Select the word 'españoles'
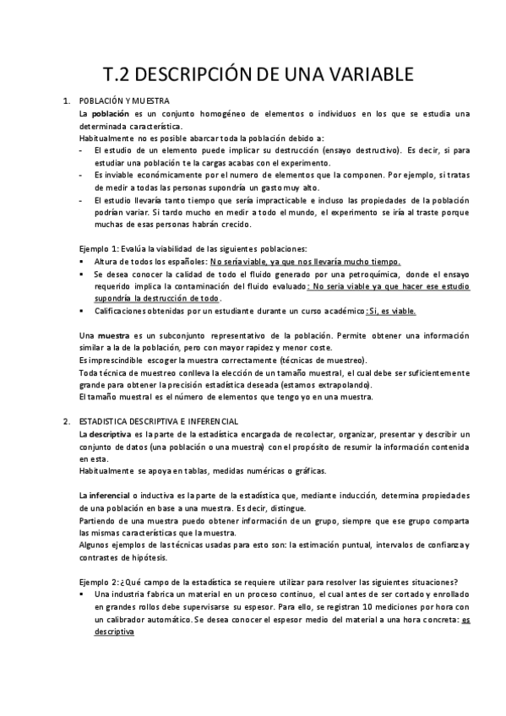[184, 262]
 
